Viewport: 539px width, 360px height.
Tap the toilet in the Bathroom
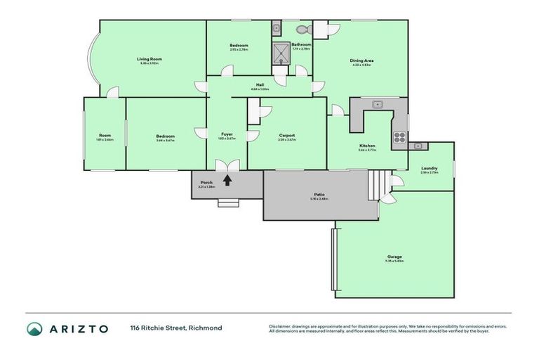pos(302,30)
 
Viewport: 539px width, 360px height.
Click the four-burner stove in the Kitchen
pos(399,137)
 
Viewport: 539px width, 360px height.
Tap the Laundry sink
pos(418,146)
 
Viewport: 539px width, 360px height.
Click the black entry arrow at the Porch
pos(227,180)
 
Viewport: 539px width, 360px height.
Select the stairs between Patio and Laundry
pos(379,184)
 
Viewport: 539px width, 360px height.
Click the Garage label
pos(394,257)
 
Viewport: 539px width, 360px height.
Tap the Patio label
pos(319,195)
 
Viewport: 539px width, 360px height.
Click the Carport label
pos(286,135)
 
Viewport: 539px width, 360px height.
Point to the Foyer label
pos(227,134)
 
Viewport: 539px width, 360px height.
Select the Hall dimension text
pos(260,89)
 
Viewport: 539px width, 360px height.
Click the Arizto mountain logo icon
pos(34,328)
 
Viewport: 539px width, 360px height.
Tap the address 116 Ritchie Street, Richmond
pos(175,328)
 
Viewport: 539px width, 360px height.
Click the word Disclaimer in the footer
pos(281,326)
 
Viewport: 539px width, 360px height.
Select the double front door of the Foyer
pos(227,166)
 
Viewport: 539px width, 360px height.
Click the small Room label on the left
pos(105,135)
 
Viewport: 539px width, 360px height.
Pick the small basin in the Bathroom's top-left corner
pos(276,28)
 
